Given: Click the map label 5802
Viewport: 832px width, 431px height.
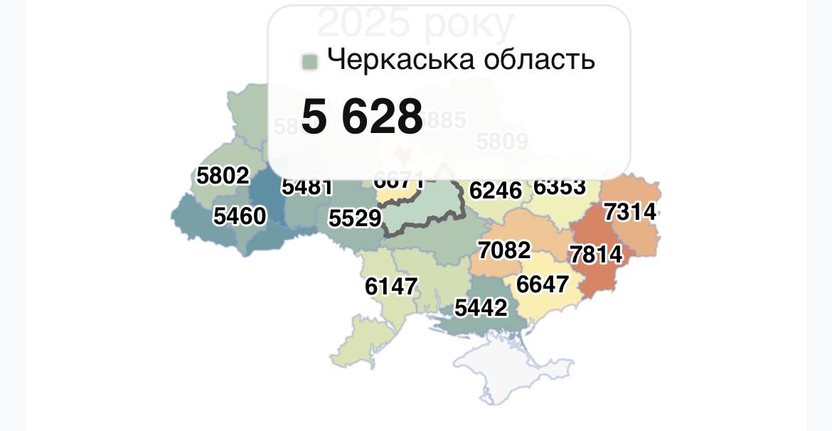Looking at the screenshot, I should point(223,176).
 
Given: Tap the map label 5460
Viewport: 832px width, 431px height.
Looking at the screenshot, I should point(240,215).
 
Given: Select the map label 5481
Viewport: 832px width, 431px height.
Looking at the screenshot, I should point(307,187).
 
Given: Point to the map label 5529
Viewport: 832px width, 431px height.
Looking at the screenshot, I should point(355,218).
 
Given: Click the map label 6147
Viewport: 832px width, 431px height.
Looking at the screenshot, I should point(391,286).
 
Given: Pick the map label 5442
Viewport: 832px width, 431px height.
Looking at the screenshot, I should point(481,307).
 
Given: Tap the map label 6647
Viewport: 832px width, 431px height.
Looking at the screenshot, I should point(543,284).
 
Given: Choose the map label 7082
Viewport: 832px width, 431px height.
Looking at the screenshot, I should point(504,250).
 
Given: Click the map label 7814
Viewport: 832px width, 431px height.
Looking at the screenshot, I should point(596,254).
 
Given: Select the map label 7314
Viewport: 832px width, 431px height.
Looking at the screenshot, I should point(630,211).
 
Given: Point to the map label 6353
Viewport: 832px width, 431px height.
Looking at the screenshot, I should point(560,187).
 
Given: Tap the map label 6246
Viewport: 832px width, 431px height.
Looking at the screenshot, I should point(496,190).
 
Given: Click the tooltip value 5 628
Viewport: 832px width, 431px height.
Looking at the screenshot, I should point(362,117).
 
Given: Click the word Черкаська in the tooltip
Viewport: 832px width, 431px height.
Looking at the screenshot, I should point(401,59).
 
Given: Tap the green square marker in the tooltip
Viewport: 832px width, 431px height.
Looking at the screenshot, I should point(309,61).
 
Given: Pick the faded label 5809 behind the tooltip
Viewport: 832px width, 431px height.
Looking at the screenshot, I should point(502,142).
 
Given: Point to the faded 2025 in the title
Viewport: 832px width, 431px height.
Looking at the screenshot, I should point(363,23).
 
